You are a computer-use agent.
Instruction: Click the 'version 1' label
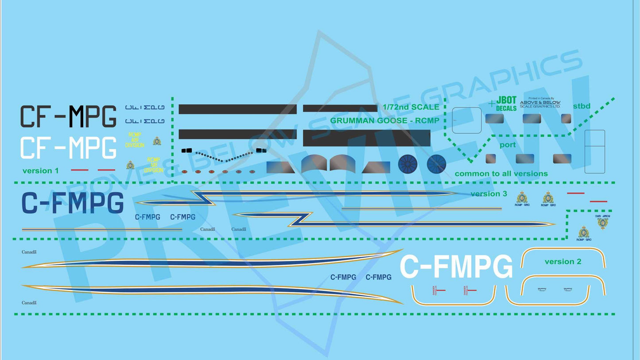pyautogui.click(x=40, y=170)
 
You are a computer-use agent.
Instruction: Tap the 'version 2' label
pyautogui.click(x=562, y=262)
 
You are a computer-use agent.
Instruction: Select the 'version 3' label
pyautogui.click(x=489, y=194)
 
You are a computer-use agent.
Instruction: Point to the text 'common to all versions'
pyautogui.click(x=501, y=174)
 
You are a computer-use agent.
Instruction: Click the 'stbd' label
pyautogui.click(x=582, y=106)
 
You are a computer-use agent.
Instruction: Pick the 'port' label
pyautogui.click(x=507, y=145)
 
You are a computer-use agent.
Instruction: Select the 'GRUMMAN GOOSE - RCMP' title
pyautogui.click(x=384, y=120)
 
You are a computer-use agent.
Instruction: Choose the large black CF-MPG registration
pyautogui.click(x=68, y=116)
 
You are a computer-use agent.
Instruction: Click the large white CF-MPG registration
pyautogui.click(x=68, y=148)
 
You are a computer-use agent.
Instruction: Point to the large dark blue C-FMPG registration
pyautogui.click(x=72, y=204)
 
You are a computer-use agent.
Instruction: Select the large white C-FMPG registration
pyautogui.click(x=456, y=267)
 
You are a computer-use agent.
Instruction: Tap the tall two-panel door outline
pyautogui.click(x=594, y=151)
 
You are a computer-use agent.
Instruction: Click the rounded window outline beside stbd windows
pyautogui.click(x=466, y=120)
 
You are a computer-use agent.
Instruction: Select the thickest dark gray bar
pyautogui.click(x=366, y=138)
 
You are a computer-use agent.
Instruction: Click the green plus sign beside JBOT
pyautogui.click(x=491, y=103)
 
